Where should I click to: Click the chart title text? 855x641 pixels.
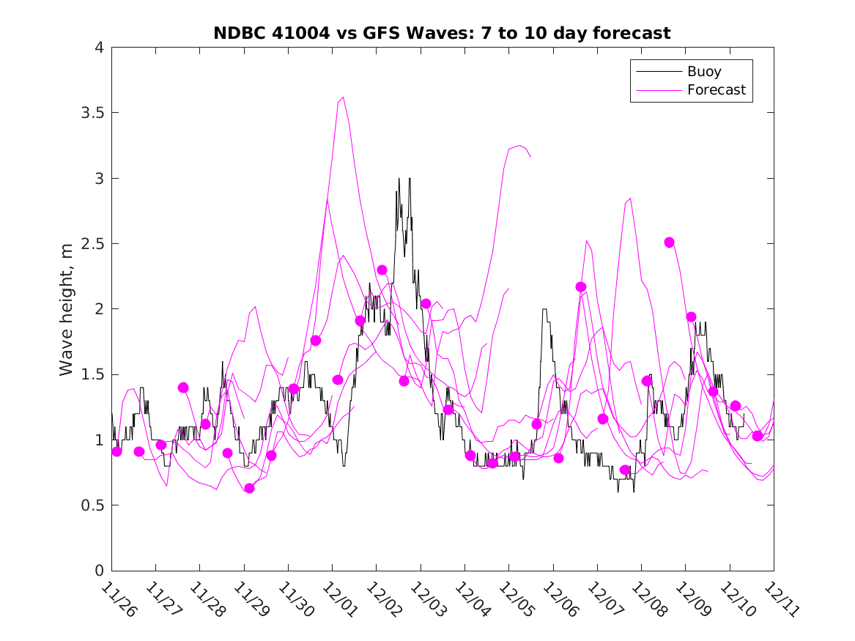(442, 33)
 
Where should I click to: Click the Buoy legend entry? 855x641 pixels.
(704, 72)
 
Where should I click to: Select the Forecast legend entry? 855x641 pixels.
(716, 90)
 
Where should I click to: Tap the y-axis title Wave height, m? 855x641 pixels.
(67, 308)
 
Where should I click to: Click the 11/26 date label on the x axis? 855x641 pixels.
(117, 600)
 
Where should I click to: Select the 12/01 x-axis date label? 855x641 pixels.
(338, 600)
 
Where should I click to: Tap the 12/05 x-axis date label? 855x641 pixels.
(514, 600)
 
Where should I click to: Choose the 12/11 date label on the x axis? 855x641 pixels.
(780, 600)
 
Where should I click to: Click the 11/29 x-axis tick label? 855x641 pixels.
(250, 600)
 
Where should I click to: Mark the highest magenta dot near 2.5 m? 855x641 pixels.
(669, 242)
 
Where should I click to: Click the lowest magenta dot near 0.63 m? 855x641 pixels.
(249, 488)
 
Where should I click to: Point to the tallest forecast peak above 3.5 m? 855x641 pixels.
(342, 97)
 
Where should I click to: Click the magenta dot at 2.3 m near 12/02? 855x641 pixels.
(382, 270)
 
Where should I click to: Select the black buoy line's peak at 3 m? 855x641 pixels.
(399, 179)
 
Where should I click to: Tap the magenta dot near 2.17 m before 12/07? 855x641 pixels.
(581, 286)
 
